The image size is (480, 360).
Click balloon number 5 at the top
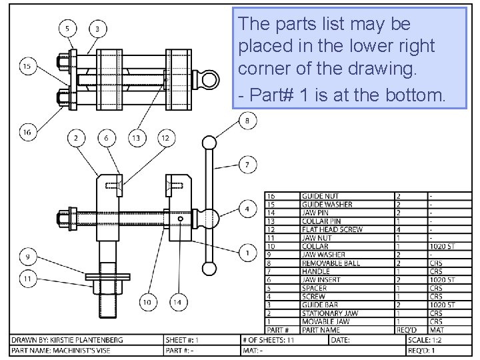(x=67, y=28)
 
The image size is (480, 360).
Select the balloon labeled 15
(x=27, y=66)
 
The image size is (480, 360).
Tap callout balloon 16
(x=27, y=133)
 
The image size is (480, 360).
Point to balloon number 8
(x=247, y=121)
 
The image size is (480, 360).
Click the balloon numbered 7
(x=247, y=164)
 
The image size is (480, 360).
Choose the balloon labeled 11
(x=27, y=279)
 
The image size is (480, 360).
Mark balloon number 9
(x=27, y=255)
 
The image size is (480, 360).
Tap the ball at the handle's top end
(x=209, y=143)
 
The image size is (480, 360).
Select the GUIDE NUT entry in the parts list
(x=320, y=196)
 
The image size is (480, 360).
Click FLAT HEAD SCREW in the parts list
(x=332, y=229)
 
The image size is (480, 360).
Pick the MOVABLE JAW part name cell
(x=325, y=321)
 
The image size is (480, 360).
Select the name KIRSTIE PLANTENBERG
(x=93, y=340)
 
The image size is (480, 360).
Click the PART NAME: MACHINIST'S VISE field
(x=67, y=351)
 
